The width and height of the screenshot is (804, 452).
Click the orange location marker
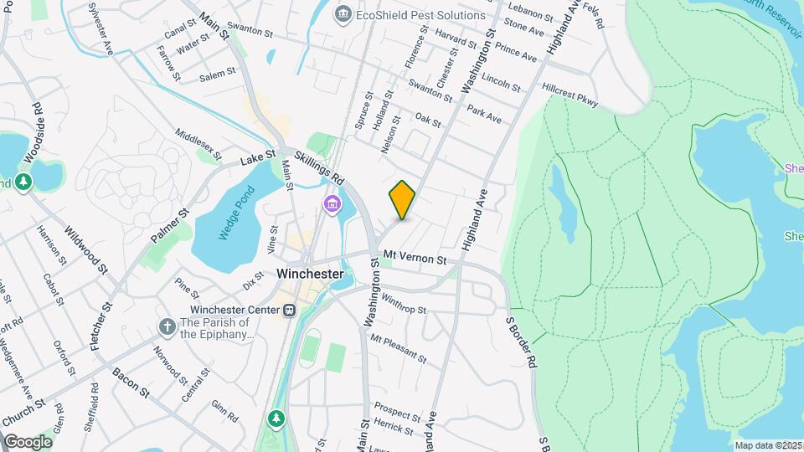click(x=402, y=199)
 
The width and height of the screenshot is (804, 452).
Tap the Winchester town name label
click(x=310, y=274)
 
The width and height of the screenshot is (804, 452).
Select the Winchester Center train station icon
click(x=289, y=310)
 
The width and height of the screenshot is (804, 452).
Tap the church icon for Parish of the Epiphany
click(x=167, y=326)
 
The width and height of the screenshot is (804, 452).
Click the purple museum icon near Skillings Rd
click(x=332, y=203)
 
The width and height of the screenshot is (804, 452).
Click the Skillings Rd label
click(x=319, y=167)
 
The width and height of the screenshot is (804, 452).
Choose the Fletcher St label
click(x=106, y=326)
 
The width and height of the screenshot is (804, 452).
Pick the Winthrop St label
click(x=403, y=304)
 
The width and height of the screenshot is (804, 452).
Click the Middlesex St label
click(x=198, y=144)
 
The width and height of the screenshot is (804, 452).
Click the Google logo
click(x=28, y=441)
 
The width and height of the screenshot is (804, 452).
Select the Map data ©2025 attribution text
click(x=768, y=445)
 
